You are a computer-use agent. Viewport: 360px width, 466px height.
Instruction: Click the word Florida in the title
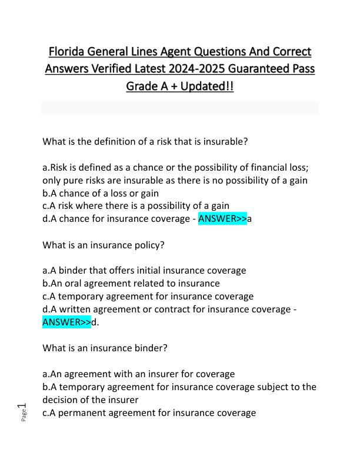tap(70, 51)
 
